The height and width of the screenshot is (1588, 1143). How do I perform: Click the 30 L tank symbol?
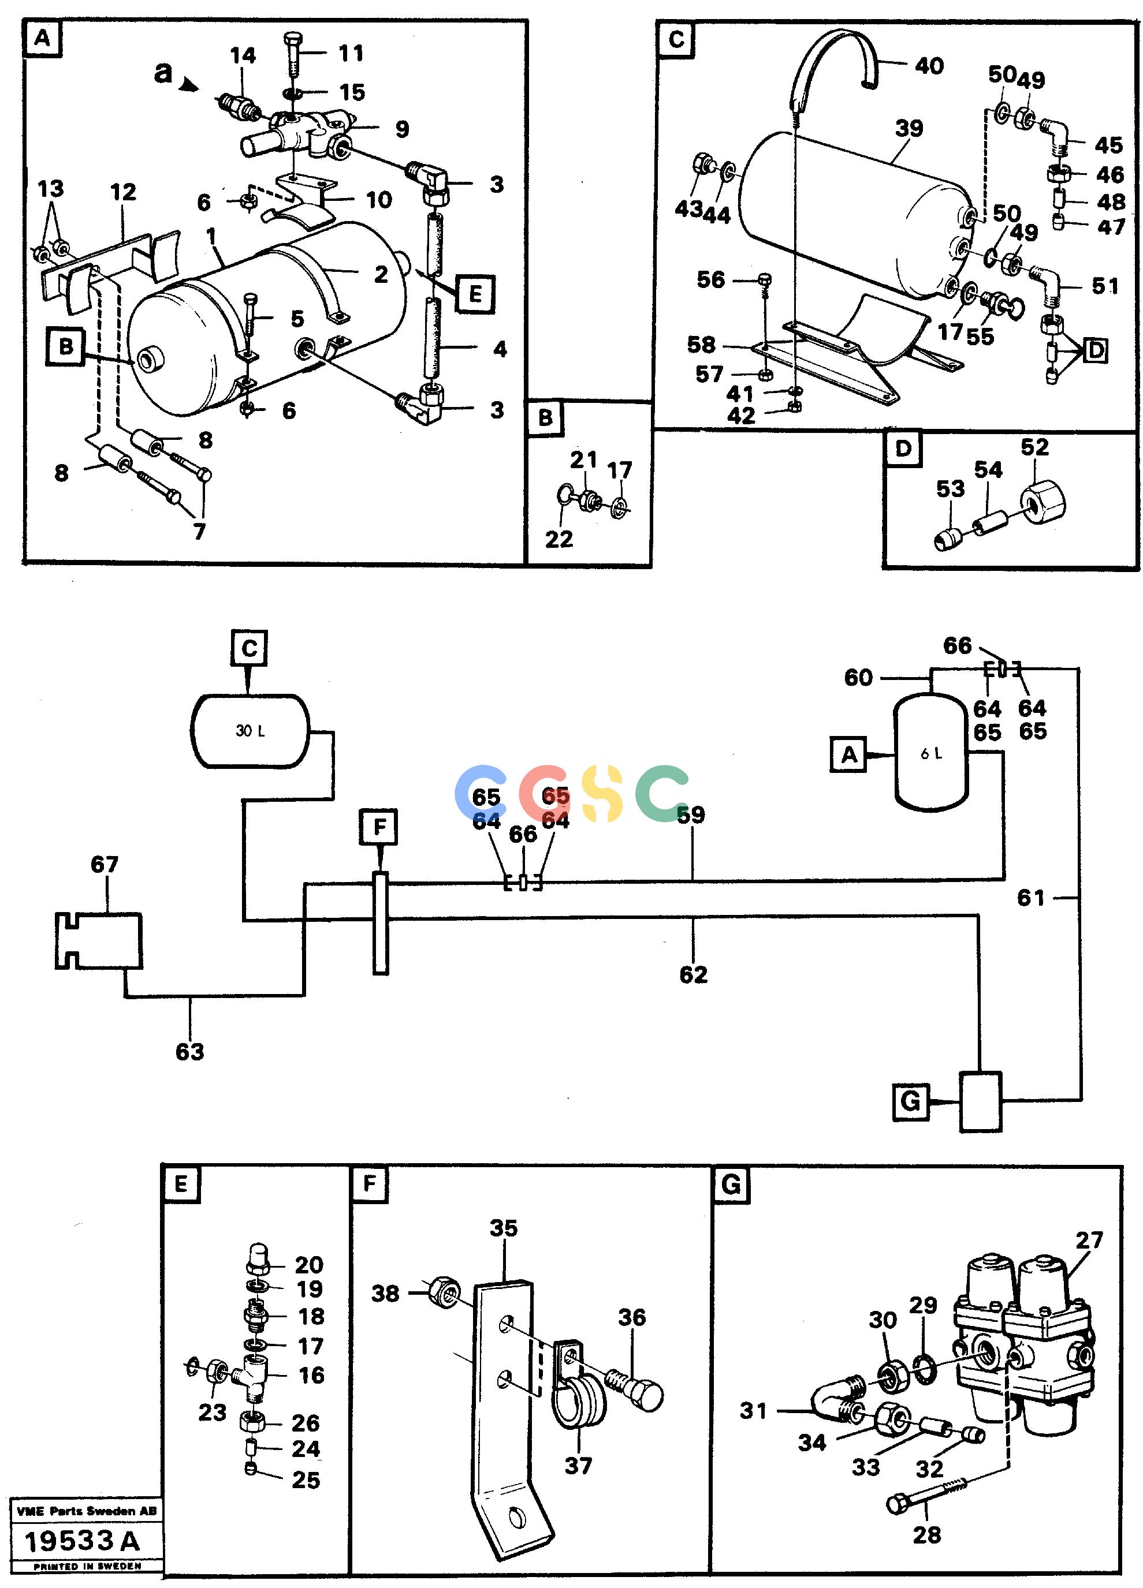(x=250, y=730)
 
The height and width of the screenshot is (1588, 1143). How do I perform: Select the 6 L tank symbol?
(x=931, y=753)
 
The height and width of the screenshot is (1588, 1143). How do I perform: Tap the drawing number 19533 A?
(x=82, y=1541)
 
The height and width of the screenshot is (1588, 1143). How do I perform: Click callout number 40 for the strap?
(x=929, y=66)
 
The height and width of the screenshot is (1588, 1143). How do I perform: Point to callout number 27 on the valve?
(x=1089, y=1260)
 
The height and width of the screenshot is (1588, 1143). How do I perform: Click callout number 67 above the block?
(x=105, y=864)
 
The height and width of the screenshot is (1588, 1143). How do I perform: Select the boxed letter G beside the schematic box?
(x=910, y=1101)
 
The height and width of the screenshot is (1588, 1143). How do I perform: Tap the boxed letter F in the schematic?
(x=379, y=827)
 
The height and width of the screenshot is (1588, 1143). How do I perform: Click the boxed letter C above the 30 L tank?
(x=250, y=648)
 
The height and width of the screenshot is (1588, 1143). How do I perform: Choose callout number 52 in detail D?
(x=1034, y=447)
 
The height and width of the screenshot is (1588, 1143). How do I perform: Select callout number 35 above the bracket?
(x=503, y=1227)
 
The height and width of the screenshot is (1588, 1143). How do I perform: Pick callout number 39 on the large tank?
(x=909, y=128)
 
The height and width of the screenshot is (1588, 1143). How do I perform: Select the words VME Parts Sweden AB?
(x=86, y=1511)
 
